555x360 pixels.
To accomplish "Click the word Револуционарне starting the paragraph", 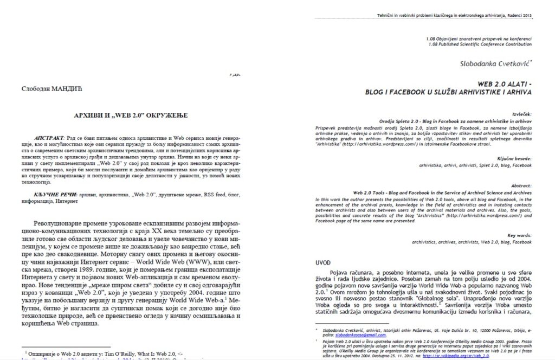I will click(x=60, y=223).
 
